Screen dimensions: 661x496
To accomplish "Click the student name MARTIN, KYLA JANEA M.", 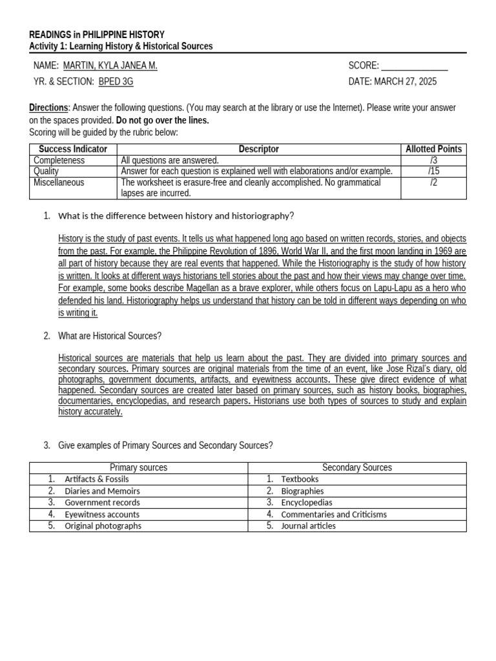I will coord(110,66).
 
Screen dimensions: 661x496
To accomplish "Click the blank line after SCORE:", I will coord(415,66).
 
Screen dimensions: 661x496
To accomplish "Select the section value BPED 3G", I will coord(116,81).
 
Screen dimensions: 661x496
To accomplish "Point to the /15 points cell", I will coord(433,171).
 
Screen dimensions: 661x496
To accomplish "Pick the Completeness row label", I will coord(59,160).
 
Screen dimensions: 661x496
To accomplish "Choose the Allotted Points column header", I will coord(433,149).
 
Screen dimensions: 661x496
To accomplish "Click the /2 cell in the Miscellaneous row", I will coord(433,183).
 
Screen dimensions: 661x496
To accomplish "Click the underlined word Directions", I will coord(48,108).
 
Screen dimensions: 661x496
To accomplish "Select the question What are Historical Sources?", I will coord(110,336).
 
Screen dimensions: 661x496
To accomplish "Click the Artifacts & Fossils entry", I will coord(96,479).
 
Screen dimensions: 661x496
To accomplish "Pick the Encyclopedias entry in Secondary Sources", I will coord(307,502).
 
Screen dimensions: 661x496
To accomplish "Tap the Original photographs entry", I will coord(103,525).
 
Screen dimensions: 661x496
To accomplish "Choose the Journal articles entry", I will coord(308,525).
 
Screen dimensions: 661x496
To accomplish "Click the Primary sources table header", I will coord(138,467).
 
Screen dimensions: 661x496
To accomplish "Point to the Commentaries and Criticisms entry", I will coord(334,514).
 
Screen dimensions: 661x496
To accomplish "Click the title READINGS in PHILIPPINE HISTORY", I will coord(97,34).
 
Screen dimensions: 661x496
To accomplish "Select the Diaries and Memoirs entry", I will coord(102,491).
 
